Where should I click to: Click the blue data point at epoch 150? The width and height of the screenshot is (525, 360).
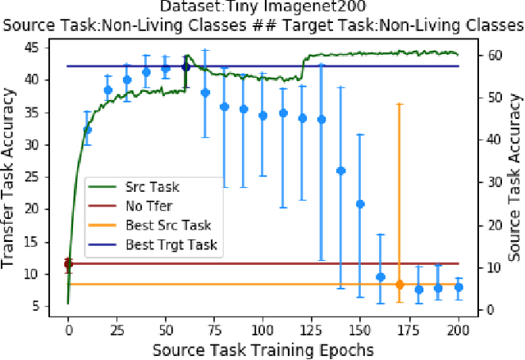pos(360,203)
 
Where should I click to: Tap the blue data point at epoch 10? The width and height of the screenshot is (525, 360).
pos(88,130)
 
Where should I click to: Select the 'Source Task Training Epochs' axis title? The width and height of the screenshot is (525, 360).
pos(263,349)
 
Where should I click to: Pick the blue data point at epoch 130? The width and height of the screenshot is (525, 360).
pos(322,119)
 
